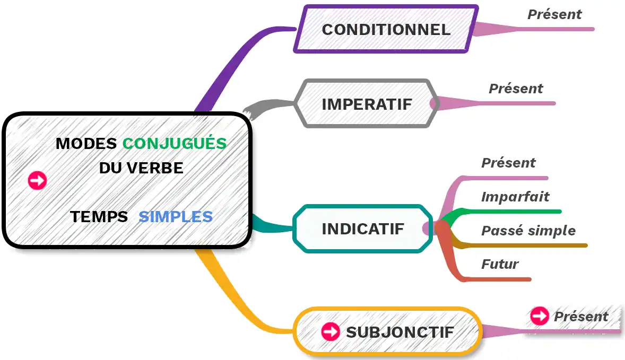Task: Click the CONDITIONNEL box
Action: pyautogui.click(x=386, y=29)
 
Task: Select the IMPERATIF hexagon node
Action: pyautogui.click(x=367, y=104)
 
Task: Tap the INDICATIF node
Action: pyautogui.click(x=362, y=229)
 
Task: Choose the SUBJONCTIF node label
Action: pyautogui.click(x=400, y=332)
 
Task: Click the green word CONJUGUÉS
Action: pyautogui.click(x=175, y=143)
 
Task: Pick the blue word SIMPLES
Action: pyautogui.click(x=176, y=216)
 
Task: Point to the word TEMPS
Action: pyautogui.click(x=99, y=216)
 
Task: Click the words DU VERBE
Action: pyautogui.click(x=141, y=168)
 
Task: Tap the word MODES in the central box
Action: pyautogui.click(x=86, y=143)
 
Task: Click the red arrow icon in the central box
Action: pyautogui.click(x=37, y=180)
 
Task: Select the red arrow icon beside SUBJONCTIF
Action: pyautogui.click(x=331, y=332)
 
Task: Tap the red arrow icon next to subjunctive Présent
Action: pyautogui.click(x=540, y=316)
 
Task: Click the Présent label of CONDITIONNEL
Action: pyautogui.click(x=554, y=14)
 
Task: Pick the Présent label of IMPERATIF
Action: pyautogui.click(x=516, y=89)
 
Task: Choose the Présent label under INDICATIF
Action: pyautogui.click(x=508, y=163)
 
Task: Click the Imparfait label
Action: pyautogui.click(x=515, y=197)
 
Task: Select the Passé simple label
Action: pyautogui.click(x=528, y=231)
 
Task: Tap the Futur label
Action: pyautogui.click(x=500, y=264)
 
